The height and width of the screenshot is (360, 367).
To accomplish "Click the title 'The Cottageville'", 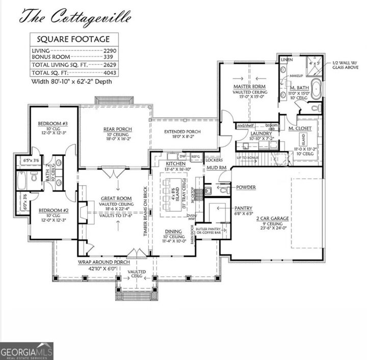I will (75, 16).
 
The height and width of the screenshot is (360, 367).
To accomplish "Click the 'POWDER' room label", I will (246, 187).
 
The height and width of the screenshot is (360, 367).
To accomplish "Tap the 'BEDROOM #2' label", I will (53, 210).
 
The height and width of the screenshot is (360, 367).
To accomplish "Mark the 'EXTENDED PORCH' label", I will (182, 131).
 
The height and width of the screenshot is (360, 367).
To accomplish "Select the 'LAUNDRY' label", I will (260, 133).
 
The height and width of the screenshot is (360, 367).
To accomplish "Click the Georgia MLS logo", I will (27, 351).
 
